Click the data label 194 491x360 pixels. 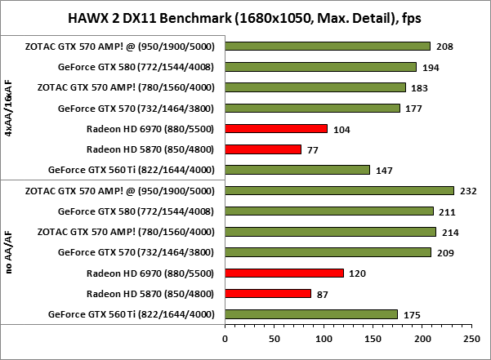pyautogui.click(x=431, y=67)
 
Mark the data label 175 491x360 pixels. pyautogui.click(x=413, y=314)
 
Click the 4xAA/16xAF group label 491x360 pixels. pyautogui.click(x=9, y=108)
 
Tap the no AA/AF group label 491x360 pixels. pyautogui.click(x=9, y=252)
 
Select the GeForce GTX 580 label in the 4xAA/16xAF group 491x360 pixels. pyautogui.click(x=136, y=67)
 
